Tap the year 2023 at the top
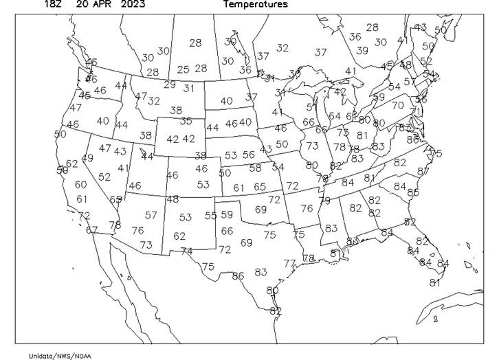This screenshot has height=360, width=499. click(x=133, y=4)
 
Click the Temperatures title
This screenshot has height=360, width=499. click(x=256, y=4)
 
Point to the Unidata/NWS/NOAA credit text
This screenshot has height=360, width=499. click(x=60, y=355)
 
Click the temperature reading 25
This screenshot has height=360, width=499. click(x=183, y=69)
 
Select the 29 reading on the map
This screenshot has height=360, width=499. click(x=170, y=85)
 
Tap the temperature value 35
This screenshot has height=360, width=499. click(x=186, y=122)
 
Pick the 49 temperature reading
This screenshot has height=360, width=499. click(x=87, y=158)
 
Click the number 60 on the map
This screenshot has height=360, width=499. click(x=81, y=184)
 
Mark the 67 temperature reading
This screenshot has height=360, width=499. click(x=91, y=230)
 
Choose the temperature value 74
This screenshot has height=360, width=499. click(x=187, y=251)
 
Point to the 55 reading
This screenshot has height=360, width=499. click(x=211, y=215)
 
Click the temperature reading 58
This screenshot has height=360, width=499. click(x=255, y=168)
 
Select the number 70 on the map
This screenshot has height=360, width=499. click(x=398, y=106)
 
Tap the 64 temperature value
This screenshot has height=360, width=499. click(x=335, y=116)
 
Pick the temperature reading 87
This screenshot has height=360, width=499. click(x=423, y=172)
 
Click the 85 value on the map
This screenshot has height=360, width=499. click(x=413, y=192)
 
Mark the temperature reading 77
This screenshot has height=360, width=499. click(x=289, y=263)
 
